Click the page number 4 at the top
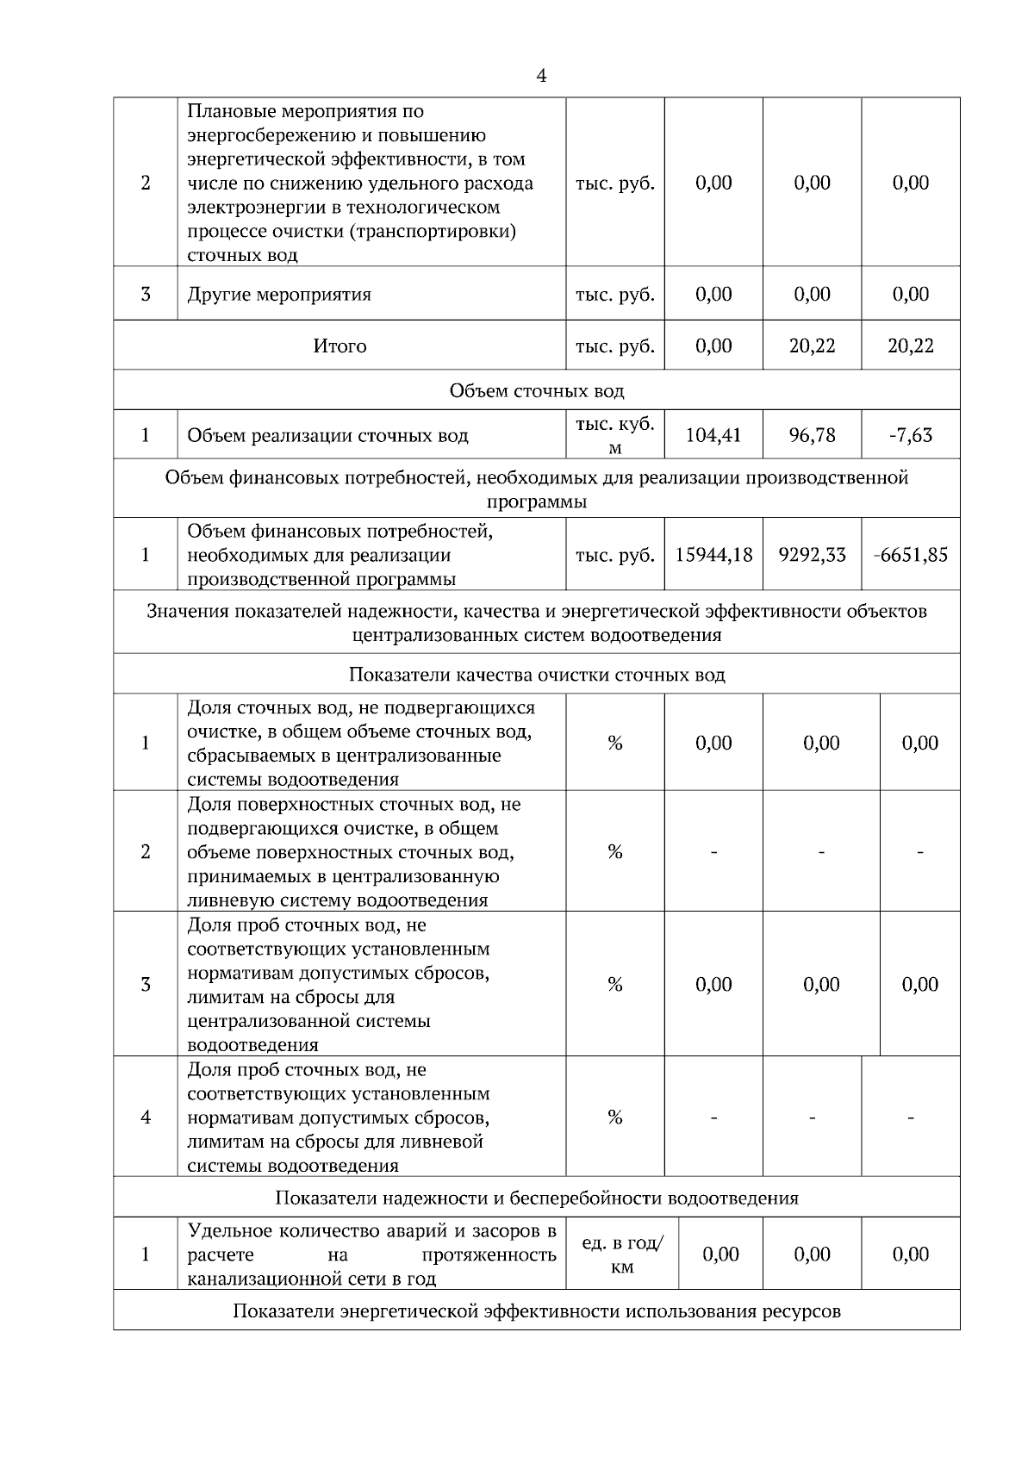point(540,77)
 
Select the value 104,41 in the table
point(713,435)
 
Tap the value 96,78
point(812,435)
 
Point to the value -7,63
point(911,435)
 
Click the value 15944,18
point(713,555)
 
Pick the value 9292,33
point(812,555)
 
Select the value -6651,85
point(911,555)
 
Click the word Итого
point(339,346)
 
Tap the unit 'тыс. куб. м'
point(615,435)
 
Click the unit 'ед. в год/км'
point(622,1254)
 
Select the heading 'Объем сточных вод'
point(537,391)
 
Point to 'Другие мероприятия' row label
point(279,295)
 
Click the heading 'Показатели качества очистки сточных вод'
point(537,675)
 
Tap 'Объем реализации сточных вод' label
point(327,436)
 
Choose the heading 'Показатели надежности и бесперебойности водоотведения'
point(537,1198)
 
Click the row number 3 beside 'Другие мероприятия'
point(145,295)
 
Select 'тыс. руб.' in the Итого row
point(615,346)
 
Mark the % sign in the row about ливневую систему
point(615,852)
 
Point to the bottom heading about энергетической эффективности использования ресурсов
point(537,1311)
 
